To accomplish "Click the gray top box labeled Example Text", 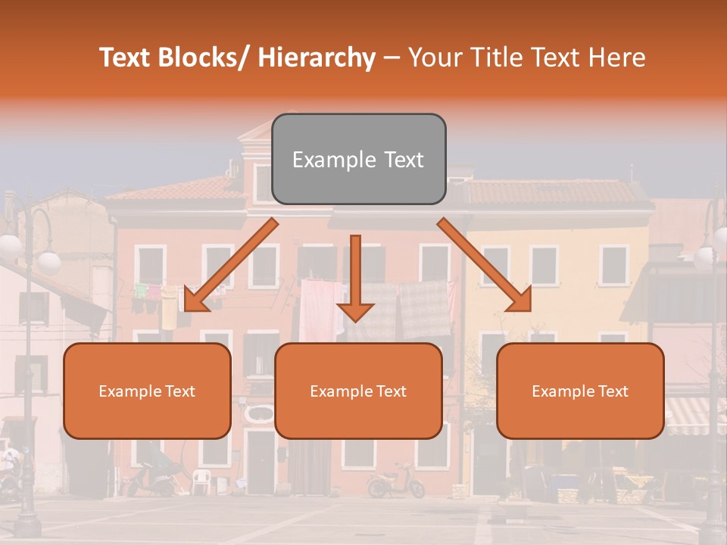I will pos(358,159).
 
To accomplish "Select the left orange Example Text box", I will pos(147,391).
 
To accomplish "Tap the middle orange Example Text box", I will pos(358,391).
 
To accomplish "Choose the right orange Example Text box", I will pos(580,391).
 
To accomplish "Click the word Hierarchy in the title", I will pos(317,58).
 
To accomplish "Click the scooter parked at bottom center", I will pos(395,481).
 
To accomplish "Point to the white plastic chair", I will pos(200,481).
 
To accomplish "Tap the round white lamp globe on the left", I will pos(48,261).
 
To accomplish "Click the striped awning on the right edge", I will pos(695,415).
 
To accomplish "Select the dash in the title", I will pos(392,58).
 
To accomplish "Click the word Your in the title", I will pos(434,58).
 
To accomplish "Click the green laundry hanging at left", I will pos(142,290).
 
